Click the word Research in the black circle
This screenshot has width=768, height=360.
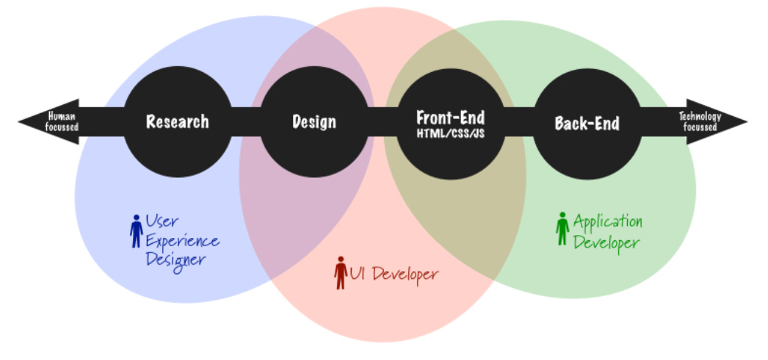tap(177, 122)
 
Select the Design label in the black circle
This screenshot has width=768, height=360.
tap(314, 122)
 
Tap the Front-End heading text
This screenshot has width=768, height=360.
tap(450, 117)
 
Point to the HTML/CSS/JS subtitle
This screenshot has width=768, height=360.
tap(450, 132)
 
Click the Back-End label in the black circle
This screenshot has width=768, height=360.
tap(587, 123)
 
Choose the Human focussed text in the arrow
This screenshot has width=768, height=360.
tap(62, 121)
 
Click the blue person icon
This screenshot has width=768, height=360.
tap(136, 231)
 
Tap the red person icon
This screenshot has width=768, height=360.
tap(340, 273)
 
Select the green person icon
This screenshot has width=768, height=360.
tap(562, 228)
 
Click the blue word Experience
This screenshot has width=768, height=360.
tap(182, 241)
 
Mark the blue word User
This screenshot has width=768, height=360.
tap(162, 221)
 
